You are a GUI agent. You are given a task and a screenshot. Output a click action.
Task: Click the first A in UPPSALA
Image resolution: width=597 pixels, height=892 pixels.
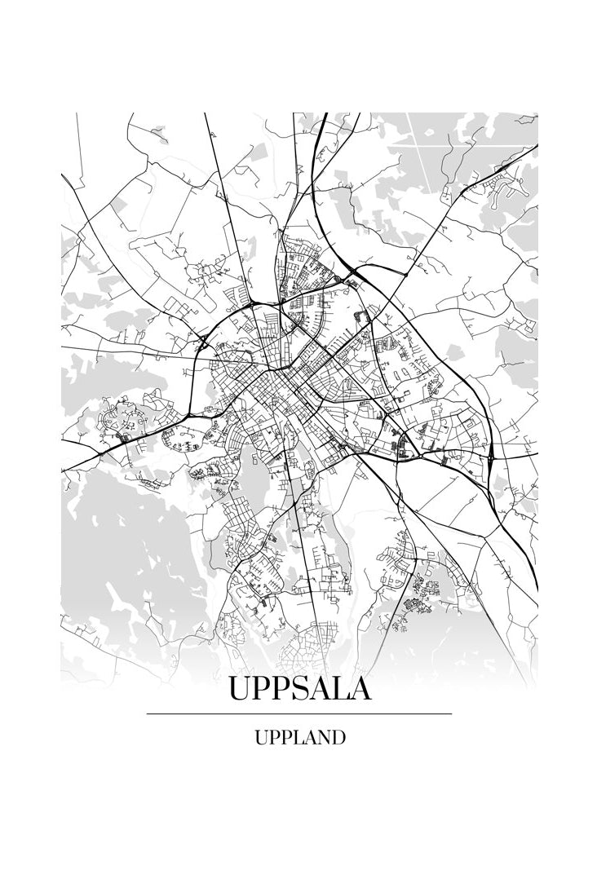pyautogui.click(x=319, y=689)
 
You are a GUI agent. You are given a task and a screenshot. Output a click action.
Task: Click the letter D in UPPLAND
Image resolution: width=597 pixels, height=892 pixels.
pyautogui.click(x=338, y=738)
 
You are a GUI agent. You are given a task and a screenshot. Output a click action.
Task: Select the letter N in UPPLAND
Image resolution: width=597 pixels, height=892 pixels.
pyautogui.click(x=322, y=738)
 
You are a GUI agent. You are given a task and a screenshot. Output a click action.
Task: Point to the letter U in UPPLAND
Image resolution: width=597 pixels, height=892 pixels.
pyautogui.click(x=262, y=738)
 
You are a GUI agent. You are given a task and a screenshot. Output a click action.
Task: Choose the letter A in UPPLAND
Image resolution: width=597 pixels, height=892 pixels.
pyautogui.click(x=308, y=738)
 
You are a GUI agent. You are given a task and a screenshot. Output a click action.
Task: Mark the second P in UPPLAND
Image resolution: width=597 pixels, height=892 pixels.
pyautogui.click(x=286, y=738)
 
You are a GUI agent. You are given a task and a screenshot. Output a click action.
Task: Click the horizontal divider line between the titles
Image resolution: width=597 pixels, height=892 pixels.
pyautogui.click(x=298, y=713)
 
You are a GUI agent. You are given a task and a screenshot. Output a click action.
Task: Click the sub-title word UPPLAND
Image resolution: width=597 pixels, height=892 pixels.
pyautogui.click(x=299, y=738)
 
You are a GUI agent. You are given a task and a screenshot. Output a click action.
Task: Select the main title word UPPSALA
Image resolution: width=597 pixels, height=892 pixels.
pyautogui.click(x=299, y=689)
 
